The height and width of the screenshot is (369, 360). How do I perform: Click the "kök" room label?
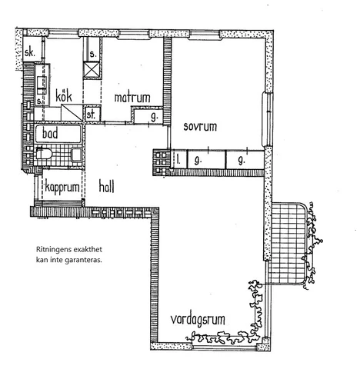pos(64,96)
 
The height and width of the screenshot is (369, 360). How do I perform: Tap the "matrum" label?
pos(132,98)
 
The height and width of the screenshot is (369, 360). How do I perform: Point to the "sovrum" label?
pos(200,127)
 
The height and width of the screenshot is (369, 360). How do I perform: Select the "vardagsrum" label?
pos(198,320)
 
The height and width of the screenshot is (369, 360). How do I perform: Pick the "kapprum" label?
pos(62,188)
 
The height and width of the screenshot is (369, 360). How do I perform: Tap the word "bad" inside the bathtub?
pos(50,134)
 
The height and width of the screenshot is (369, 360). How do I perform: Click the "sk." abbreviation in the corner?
pos(29,53)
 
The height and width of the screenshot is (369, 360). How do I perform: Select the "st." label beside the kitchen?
pos(91,115)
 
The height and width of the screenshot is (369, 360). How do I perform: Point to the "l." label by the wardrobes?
pos(178,160)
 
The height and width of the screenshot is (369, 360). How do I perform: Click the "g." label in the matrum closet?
pos(154,117)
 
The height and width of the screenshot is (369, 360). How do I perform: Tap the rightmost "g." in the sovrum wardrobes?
pos(242,161)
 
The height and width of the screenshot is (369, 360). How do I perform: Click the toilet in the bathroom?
pos(44,154)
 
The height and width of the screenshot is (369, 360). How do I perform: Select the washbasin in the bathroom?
pos(77,155)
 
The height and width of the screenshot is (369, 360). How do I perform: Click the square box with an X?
pos(92,70)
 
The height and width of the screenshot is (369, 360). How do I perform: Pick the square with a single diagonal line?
pos(72,112)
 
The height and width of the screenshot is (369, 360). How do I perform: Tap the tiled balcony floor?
pos(286,244)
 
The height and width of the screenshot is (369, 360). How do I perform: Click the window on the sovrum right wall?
pos(267,119)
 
